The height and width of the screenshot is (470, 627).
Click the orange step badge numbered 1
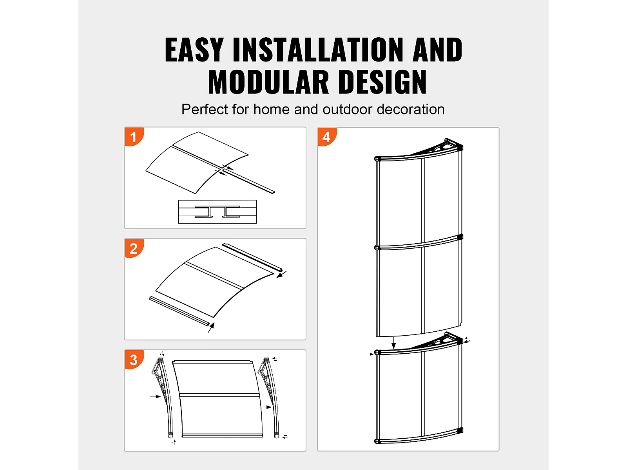tap(134, 136)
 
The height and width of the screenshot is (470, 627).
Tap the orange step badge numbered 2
tap(134, 248)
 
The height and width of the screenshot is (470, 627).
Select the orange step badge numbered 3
tap(134, 359)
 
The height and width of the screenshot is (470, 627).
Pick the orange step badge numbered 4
tap(327, 137)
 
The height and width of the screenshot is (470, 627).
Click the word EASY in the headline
tap(194, 50)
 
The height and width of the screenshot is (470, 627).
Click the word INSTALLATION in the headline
tap(318, 50)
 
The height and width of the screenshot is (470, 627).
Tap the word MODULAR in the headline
tap(268, 82)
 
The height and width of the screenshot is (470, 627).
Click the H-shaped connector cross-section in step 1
tap(217, 211)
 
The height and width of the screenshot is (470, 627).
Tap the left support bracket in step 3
tap(162, 397)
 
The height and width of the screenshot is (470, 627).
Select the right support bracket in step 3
tap(268, 397)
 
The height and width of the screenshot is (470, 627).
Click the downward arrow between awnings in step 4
tap(393, 343)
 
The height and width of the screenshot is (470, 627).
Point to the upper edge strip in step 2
tap(252, 257)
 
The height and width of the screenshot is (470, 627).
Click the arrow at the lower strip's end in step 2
tap(211, 327)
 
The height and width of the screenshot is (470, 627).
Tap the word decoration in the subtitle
tap(410, 109)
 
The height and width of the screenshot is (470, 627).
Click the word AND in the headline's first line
tap(437, 50)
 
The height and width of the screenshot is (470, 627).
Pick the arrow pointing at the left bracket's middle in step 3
tap(156, 396)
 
